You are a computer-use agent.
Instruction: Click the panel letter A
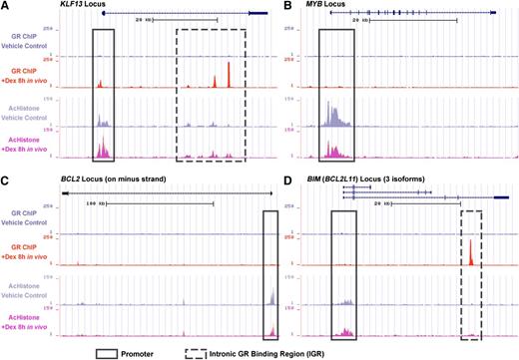(x=5, y=6)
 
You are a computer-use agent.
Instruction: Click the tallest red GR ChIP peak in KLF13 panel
(x=230, y=76)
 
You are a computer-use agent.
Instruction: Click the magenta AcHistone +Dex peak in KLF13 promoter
(x=102, y=150)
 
